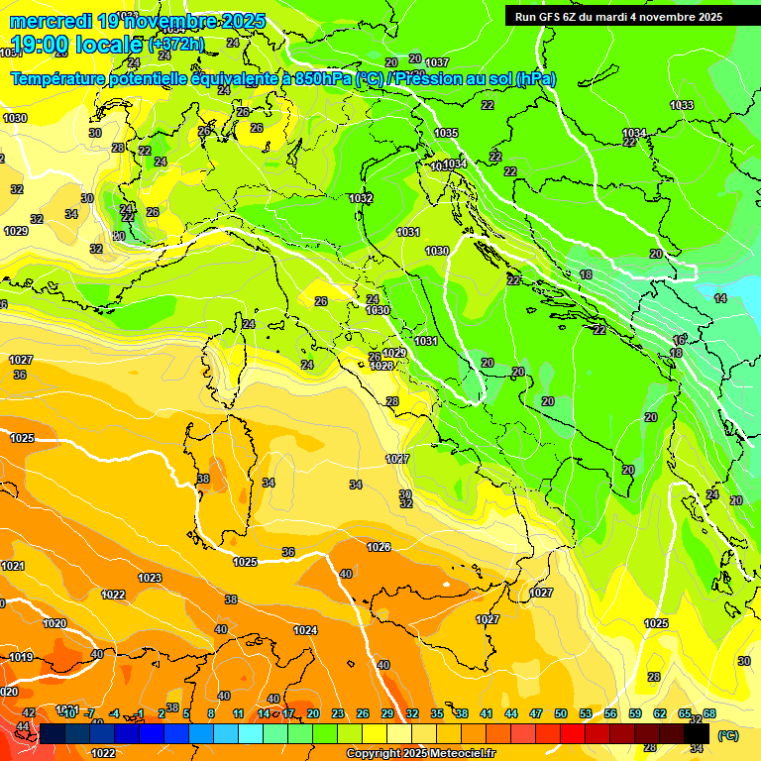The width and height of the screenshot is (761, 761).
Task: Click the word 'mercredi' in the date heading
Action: click(x=52, y=21)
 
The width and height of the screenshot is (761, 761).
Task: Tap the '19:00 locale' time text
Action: click(x=75, y=45)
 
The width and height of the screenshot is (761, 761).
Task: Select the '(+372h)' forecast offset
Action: click(x=176, y=45)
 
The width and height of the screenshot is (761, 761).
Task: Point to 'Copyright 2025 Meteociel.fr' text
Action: click(x=421, y=754)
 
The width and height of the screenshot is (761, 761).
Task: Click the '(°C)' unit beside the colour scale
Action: click(x=727, y=736)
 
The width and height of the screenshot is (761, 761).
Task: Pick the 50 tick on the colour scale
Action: click(x=561, y=713)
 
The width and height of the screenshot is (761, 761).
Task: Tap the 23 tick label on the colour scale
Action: click(x=337, y=713)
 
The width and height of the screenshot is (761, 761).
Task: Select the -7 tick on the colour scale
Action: click(x=88, y=713)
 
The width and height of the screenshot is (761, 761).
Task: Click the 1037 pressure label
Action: click(x=437, y=63)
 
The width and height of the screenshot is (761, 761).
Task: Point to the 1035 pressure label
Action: click(x=446, y=133)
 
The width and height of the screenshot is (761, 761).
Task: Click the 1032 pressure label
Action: click(x=361, y=198)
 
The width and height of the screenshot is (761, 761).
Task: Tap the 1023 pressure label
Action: click(x=150, y=578)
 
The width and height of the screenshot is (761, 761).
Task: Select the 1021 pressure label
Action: click(x=13, y=566)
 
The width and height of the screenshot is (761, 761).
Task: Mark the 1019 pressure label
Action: click(x=21, y=657)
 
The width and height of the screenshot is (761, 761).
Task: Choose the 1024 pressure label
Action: click(x=305, y=630)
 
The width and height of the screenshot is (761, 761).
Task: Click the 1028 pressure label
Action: click(x=381, y=366)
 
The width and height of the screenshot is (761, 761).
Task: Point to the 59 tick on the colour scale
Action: click(x=635, y=713)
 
